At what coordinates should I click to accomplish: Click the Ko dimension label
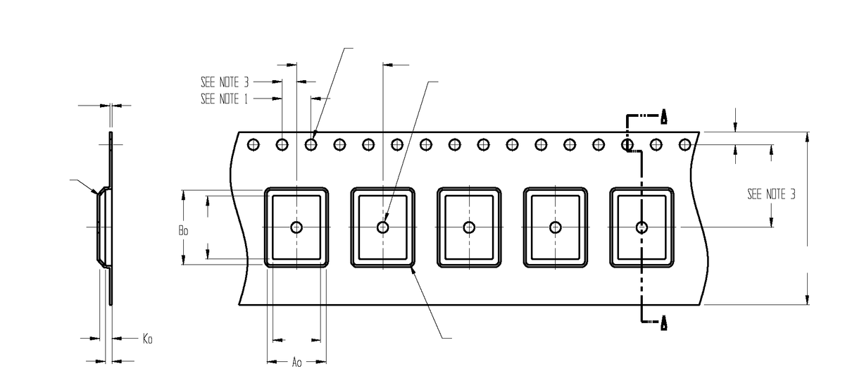pos(147,339)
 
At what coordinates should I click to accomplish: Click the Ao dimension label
pos(296,363)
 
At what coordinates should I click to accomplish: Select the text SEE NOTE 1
pos(224,99)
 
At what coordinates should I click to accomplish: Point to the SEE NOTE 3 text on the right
pos(771,194)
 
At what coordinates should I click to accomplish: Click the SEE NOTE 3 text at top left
pos(225,82)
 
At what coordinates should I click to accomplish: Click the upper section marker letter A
pos(663,116)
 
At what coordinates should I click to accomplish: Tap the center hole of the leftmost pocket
pos(296,227)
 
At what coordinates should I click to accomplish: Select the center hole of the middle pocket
pos(469,227)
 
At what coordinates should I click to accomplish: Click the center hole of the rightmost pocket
pos(641,227)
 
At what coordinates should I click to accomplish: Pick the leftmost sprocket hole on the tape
pos(253,145)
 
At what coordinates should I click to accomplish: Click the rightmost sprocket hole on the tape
pos(684,145)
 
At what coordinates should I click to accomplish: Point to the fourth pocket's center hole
pos(556,227)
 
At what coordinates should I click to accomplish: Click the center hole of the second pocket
pos(383,227)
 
